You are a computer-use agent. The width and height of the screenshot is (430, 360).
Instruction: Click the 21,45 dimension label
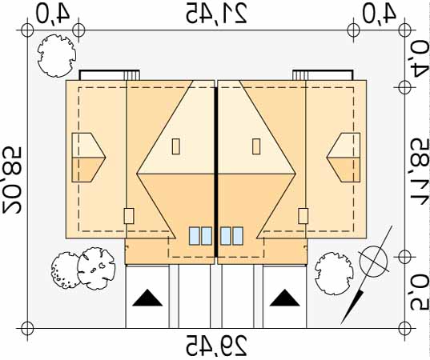(216, 13)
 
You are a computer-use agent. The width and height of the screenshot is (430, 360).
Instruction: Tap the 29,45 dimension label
(216, 345)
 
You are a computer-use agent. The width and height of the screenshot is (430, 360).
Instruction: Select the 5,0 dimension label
(420, 291)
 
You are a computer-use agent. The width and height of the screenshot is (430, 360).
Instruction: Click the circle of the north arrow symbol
(373, 259)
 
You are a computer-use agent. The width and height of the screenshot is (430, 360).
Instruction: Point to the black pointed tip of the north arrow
(341, 324)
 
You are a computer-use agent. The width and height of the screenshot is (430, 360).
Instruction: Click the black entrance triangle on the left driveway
(147, 298)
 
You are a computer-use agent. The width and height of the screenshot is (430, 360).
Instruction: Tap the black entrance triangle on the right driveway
(284, 298)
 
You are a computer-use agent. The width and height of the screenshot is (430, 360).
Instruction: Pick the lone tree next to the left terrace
(57, 55)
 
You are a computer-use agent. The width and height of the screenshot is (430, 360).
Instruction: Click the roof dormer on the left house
(88, 158)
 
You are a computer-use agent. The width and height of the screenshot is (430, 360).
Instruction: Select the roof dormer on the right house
(344, 158)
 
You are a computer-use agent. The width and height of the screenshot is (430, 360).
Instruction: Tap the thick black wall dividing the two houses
(216, 172)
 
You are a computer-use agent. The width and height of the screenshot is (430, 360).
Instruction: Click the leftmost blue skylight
(194, 236)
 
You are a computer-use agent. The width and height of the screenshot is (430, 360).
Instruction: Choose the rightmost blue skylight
(238, 236)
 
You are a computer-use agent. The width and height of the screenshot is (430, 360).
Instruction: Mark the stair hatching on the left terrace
(132, 75)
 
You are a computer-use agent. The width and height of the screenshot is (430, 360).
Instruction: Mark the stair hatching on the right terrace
(299, 75)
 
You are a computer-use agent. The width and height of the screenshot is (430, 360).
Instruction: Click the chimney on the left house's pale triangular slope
(176, 146)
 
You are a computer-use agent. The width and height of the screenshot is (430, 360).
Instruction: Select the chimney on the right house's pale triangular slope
(256, 146)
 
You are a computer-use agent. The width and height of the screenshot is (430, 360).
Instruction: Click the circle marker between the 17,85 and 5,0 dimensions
(405, 257)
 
